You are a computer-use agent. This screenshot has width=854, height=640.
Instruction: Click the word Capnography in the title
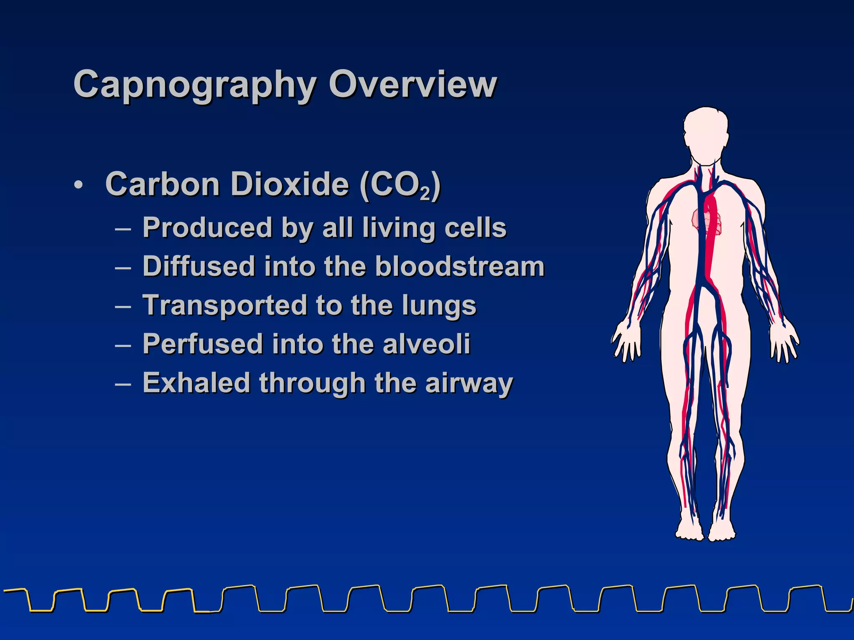tap(194, 85)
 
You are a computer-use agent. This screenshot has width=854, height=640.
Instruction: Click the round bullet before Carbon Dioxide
tap(78, 185)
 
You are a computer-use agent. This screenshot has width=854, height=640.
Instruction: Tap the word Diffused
tap(198, 266)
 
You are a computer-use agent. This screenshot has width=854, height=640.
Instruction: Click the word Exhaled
tap(196, 383)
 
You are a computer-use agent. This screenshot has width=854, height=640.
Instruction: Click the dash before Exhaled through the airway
tap(123, 384)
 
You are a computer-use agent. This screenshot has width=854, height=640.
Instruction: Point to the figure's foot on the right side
tap(722, 529)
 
